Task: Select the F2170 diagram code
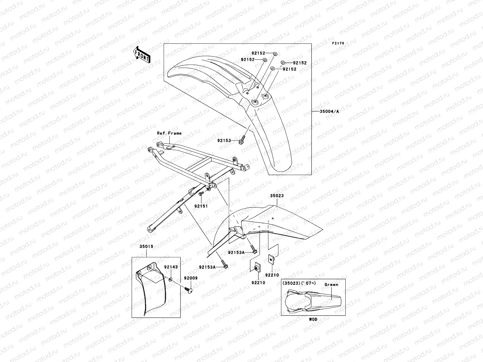click(338, 43)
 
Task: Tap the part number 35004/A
click(329, 111)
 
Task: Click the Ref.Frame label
click(169, 133)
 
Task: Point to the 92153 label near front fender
click(224, 141)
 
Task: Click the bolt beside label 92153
click(242, 140)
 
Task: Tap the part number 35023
click(277, 196)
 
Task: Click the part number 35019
click(146, 246)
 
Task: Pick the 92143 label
click(171, 267)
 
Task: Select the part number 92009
click(190, 278)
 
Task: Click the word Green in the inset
click(331, 284)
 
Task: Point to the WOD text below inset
click(313, 319)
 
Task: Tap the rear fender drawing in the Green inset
click(311, 300)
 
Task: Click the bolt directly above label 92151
click(200, 193)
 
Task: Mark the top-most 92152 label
click(258, 53)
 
